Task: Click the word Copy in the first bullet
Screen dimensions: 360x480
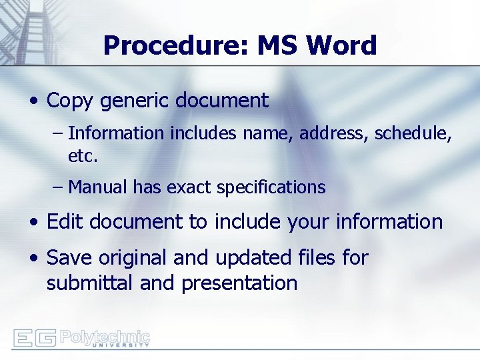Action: click(70, 101)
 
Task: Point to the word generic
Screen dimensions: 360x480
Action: click(133, 101)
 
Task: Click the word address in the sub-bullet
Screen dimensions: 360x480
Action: click(334, 134)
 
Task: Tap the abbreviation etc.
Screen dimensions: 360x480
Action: click(83, 157)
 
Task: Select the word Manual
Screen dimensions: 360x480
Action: click(97, 188)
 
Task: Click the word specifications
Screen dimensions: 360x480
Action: click(270, 188)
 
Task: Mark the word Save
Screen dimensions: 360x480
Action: click(69, 258)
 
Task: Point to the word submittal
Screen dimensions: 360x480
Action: click(90, 283)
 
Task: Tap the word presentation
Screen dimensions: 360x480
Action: click(239, 283)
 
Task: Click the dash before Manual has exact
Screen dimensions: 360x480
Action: click(58, 188)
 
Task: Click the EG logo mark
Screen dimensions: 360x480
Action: click(34, 338)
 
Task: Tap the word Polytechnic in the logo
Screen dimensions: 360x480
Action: click(105, 336)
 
